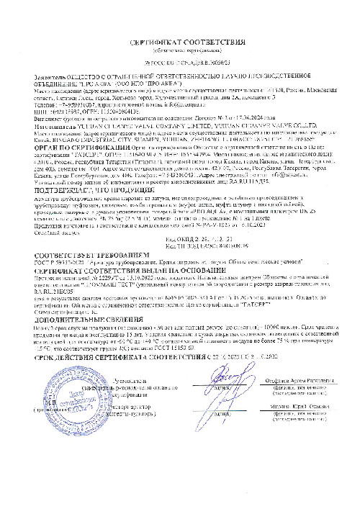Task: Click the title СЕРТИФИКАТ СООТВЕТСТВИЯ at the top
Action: tap(180, 44)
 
